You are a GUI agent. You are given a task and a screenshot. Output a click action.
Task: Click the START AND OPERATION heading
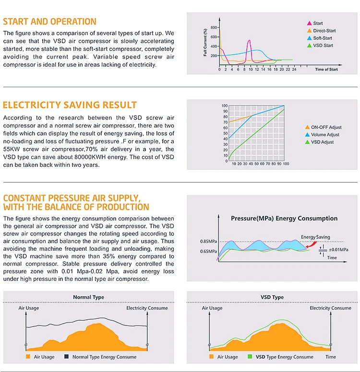[x=50, y=22]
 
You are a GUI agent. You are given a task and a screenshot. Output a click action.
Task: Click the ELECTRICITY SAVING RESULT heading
[x=70, y=105]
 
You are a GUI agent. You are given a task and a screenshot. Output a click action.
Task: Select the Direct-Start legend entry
[x=324, y=31]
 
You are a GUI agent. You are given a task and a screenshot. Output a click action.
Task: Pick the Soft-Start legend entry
[x=323, y=38]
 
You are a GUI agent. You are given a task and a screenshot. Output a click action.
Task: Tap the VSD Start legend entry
[x=323, y=46]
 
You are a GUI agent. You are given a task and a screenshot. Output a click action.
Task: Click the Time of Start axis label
[x=326, y=70]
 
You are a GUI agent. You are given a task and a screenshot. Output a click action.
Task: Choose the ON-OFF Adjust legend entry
[x=326, y=127]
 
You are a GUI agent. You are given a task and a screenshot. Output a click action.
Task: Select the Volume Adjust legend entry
[x=326, y=135]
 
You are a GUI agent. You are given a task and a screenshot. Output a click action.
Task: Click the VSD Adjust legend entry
[x=322, y=142]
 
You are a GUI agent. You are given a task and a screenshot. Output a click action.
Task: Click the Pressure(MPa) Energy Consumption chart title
[x=284, y=218]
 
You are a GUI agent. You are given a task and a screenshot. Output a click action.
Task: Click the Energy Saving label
[x=315, y=237]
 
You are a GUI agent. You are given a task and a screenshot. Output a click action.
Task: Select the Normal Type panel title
[x=88, y=297]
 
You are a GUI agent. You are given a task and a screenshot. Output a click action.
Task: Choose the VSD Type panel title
[x=272, y=297]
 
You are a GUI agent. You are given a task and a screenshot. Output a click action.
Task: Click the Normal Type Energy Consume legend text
[x=104, y=357]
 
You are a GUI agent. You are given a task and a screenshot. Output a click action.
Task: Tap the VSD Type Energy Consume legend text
[x=284, y=357]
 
